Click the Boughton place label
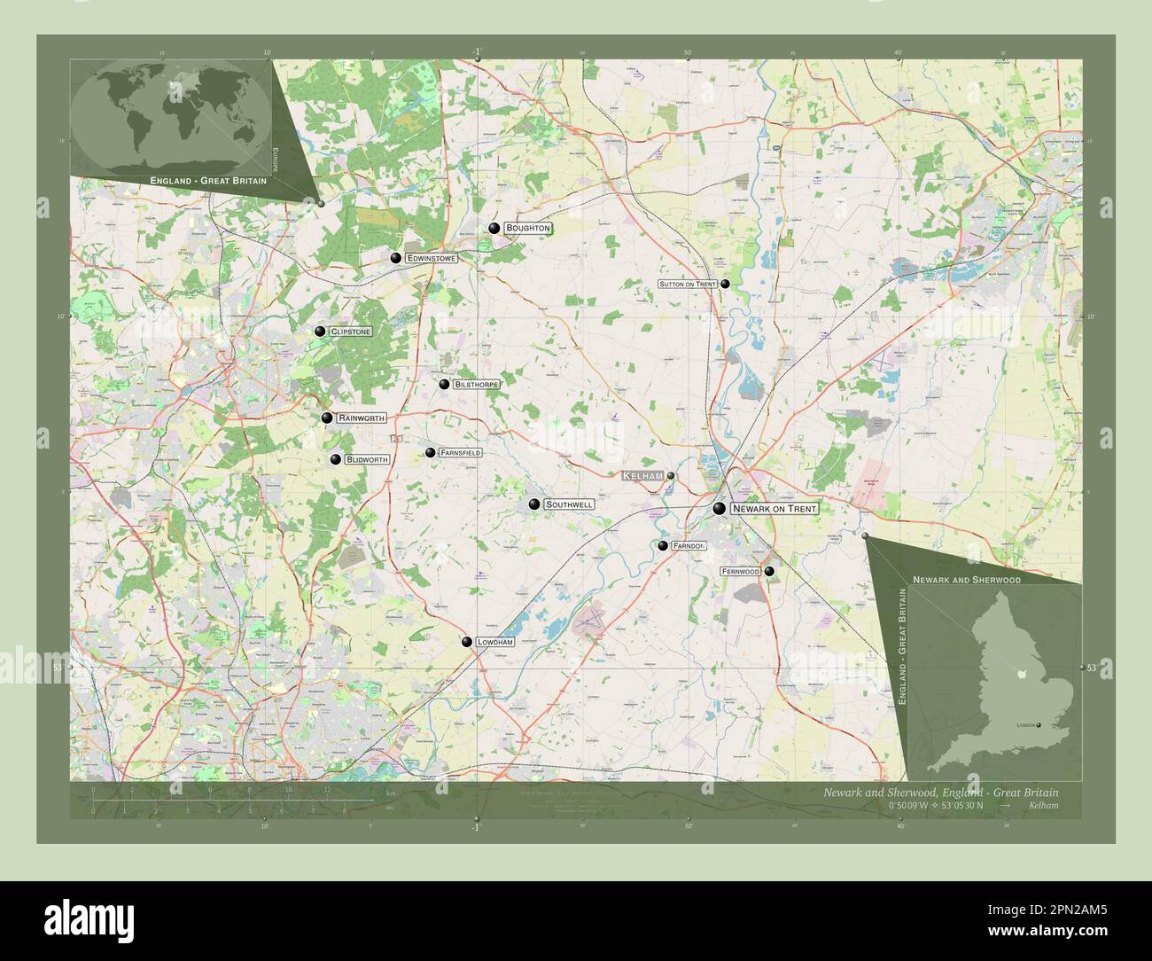tap(528, 229)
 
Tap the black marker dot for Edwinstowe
tap(396, 258)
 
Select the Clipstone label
tap(350, 332)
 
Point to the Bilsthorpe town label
tap(476, 385)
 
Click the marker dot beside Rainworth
tap(327, 418)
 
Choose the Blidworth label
tap(367, 460)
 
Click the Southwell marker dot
tap(534, 504)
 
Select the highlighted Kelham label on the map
tap(642, 476)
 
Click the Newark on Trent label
tap(774, 509)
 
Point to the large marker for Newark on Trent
tap(720, 508)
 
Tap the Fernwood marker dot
tap(769, 572)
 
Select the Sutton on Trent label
tap(687, 285)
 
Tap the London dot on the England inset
tap(1039, 725)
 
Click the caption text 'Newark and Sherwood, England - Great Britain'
tap(939, 791)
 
